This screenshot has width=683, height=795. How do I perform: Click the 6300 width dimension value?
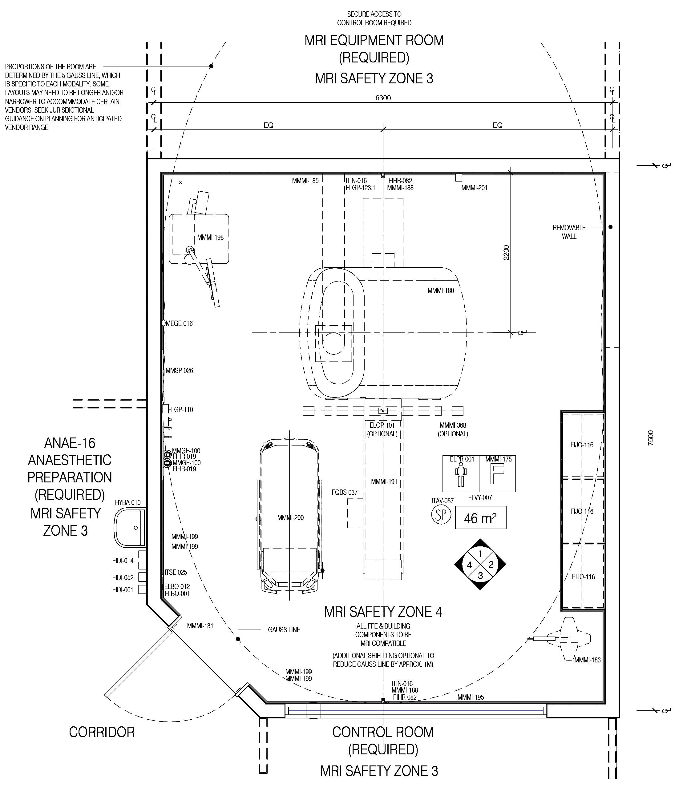(383, 98)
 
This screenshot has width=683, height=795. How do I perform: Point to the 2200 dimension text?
(506, 253)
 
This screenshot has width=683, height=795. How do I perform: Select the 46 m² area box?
(480, 518)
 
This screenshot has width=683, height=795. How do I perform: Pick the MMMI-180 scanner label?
(440, 290)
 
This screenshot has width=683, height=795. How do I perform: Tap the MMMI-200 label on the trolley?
(290, 517)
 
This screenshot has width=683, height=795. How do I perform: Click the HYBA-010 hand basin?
(130, 527)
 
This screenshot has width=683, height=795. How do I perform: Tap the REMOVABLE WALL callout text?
(569, 232)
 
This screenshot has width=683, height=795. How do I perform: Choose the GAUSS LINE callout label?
(284, 629)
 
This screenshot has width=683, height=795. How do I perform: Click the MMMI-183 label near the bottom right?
(588, 660)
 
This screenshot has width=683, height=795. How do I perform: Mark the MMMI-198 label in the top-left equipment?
(210, 237)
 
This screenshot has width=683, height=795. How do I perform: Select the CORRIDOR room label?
(102, 732)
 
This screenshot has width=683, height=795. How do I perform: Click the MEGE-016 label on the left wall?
(179, 323)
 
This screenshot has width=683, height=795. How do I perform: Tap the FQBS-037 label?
(344, 492)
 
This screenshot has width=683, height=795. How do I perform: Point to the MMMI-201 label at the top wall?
(474, 188)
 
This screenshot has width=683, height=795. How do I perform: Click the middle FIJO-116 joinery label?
(582, 511)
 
